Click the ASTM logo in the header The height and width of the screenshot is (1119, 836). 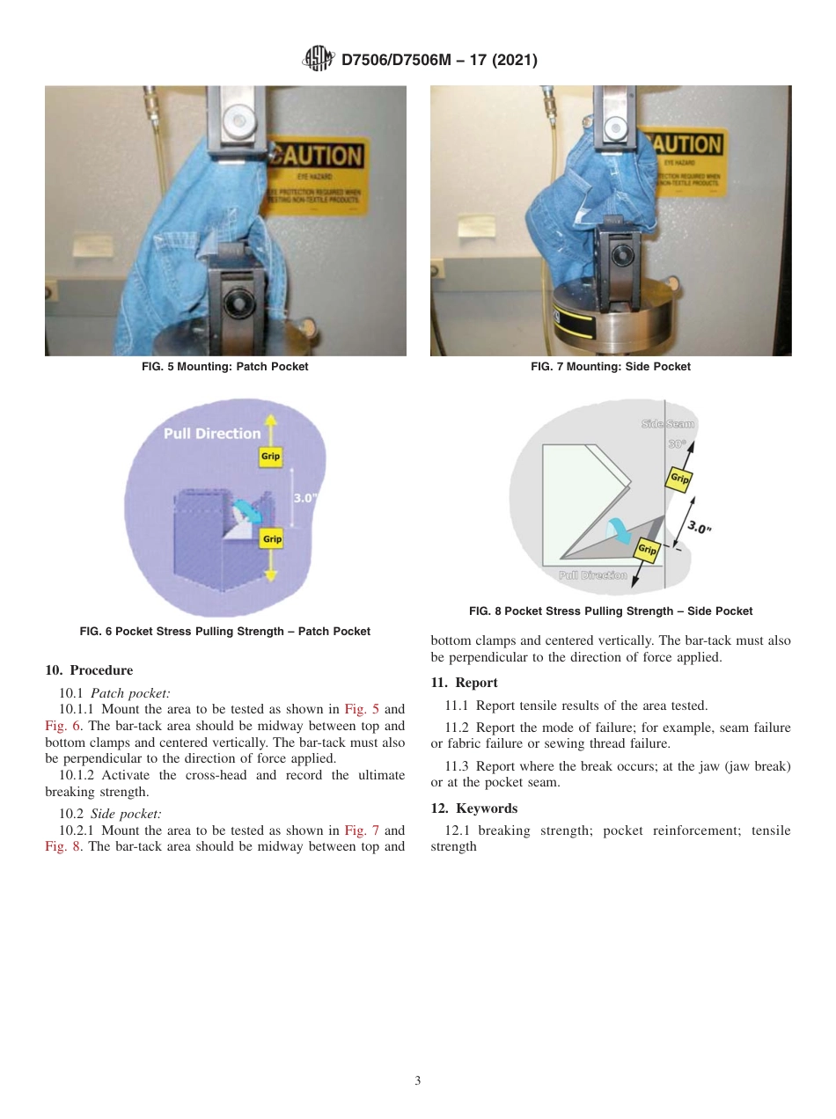(318, 59)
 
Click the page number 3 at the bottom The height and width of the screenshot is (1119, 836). (418, 1080)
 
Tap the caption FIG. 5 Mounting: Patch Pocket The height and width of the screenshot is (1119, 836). (225, 367)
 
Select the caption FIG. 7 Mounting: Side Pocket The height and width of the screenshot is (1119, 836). (610, 367)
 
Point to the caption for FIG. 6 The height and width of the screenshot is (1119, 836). (225, 631)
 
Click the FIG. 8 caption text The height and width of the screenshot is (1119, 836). (610, 611)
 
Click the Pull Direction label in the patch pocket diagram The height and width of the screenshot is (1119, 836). (212, 433)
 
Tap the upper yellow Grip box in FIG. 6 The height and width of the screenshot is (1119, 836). (270, 457)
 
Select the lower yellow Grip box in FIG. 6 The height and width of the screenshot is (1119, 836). (272, 538)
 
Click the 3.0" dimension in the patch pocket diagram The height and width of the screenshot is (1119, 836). (304, 498)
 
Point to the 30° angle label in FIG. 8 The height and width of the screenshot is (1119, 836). (677, 444)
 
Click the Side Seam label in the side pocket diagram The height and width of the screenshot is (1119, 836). (668, 424)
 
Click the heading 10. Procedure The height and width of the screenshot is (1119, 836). (89, 670)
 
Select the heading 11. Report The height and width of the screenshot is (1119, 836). (464, 683)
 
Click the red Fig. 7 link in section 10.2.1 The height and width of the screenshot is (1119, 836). (362, 830)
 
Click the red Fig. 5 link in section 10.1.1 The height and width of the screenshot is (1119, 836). (362, 709)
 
